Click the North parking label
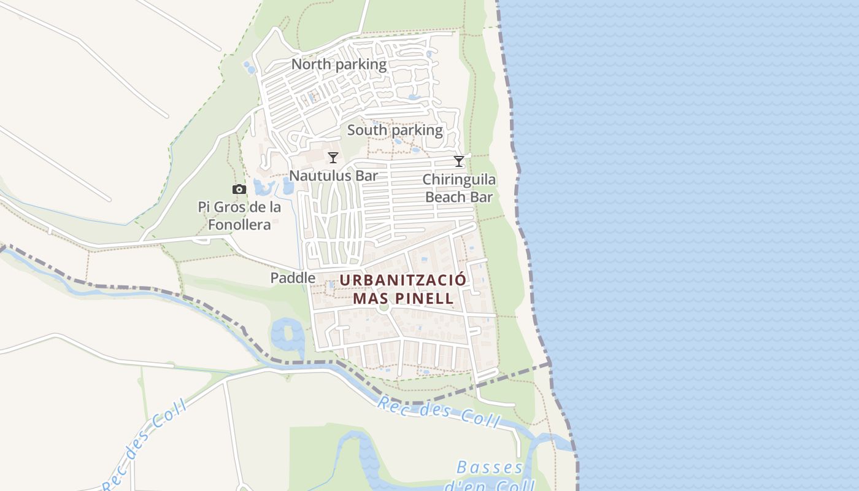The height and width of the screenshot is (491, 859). (339, 64)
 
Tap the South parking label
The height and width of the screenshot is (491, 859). (395, 130)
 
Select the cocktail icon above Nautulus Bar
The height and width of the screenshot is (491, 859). (333, 158)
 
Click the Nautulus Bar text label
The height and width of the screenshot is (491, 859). (333, 176)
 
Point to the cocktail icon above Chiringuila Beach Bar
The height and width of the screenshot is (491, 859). (458, 161)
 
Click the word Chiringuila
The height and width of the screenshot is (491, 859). (459, 180)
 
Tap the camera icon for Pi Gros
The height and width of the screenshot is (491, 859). (239, 189)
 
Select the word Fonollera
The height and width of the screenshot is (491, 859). (239, 225)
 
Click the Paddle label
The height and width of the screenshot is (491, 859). (293, 278)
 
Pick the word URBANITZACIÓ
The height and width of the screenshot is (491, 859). (403, 280)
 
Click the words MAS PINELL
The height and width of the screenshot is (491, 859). (403, 299)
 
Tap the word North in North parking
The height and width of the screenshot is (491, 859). (310, 64)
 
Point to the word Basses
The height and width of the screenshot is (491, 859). (490, 468)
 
